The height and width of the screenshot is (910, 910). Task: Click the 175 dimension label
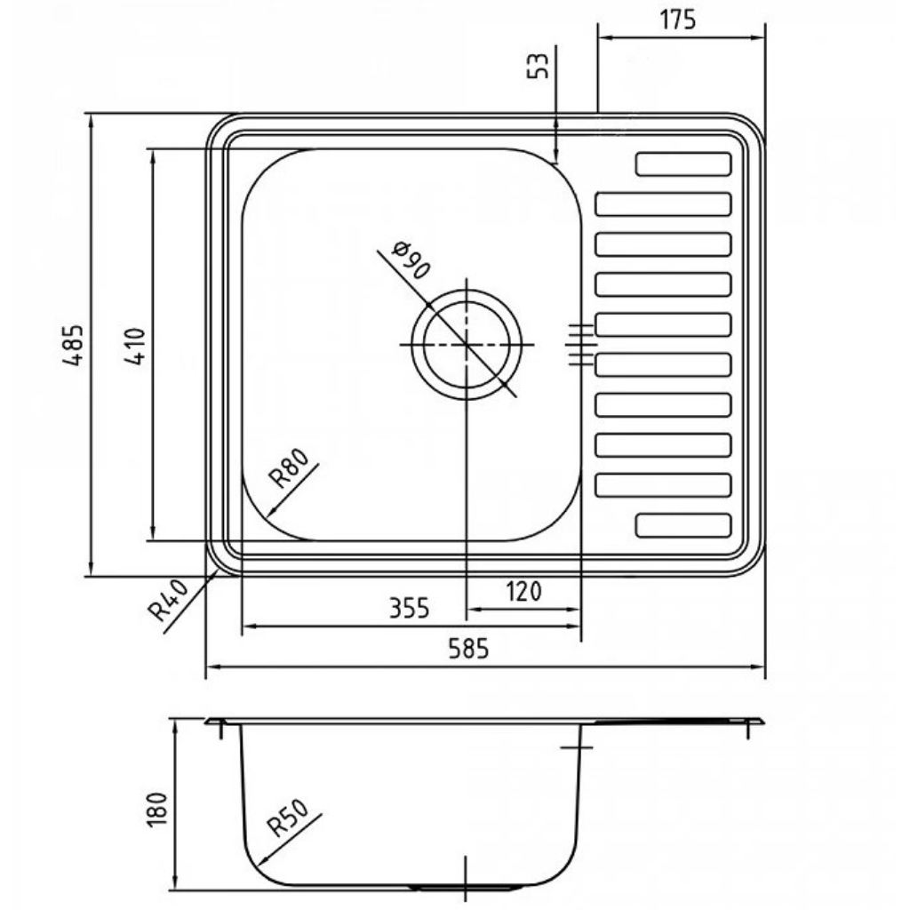pos(677,20)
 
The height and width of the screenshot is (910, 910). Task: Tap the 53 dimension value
pos(538,66)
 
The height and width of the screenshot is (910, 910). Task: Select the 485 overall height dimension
pos(74,345)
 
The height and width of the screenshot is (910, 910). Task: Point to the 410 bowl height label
pos(135,347)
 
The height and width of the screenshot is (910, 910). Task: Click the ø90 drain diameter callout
pos(411,259)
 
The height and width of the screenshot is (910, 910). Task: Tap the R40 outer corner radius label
pos(169,600)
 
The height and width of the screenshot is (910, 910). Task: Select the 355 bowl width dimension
pos(409,609)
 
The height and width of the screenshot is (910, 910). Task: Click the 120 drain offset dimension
pos(523,592)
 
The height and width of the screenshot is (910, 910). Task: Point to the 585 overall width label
pos(468,648)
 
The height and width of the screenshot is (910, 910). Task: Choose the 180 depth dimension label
pos(157,809)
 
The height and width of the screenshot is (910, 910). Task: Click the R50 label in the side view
pos(288,818)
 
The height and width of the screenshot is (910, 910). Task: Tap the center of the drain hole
pos(467,345)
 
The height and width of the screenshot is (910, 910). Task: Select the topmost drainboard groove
pos(683,164)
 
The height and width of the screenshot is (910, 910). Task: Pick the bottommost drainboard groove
pos(683,525)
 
